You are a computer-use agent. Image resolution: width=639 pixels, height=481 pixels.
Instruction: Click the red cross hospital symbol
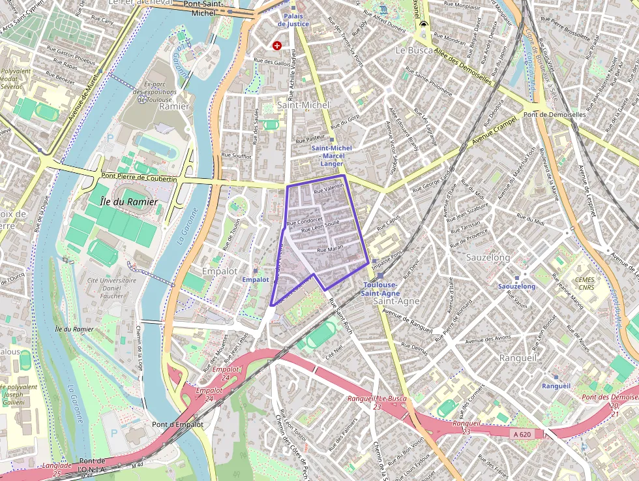click(x=278, y=45)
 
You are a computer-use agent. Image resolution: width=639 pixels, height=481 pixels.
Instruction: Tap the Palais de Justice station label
click(x=293, y=20)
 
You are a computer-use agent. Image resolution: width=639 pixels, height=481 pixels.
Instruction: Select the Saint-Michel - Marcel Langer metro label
click(x=331, y=155)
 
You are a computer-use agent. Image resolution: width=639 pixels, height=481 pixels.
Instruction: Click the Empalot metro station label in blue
click(x=255, y=279)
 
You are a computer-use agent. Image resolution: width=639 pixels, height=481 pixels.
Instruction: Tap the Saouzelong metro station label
click(x=516, y=287)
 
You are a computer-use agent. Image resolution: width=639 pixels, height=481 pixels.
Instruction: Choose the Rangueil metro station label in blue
click(x=556, y=386)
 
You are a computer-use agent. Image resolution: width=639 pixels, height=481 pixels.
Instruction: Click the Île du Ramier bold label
click(x=129, y=202)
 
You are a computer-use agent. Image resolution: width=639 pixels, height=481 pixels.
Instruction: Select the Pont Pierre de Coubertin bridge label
click(x=139, y=178)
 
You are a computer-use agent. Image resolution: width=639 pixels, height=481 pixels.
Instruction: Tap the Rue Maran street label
click(x=330, y=249)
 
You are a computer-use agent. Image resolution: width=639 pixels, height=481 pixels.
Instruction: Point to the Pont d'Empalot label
click(x=177, y=424)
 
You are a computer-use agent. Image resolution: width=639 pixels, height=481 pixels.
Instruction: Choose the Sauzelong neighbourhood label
click(x=488, y=258)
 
